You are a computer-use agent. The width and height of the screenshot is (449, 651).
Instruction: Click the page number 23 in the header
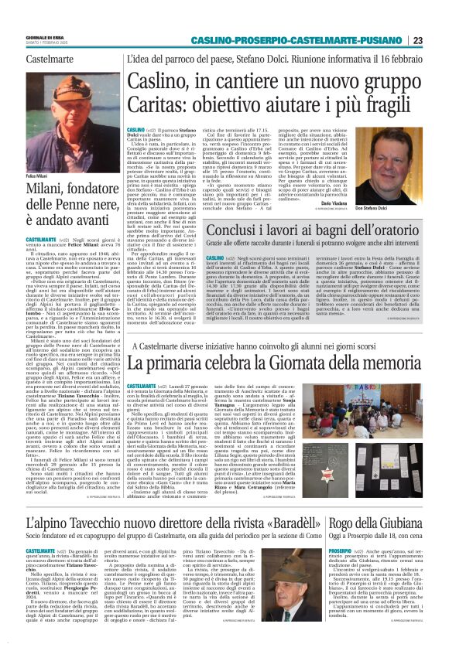tap(438, 40)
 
